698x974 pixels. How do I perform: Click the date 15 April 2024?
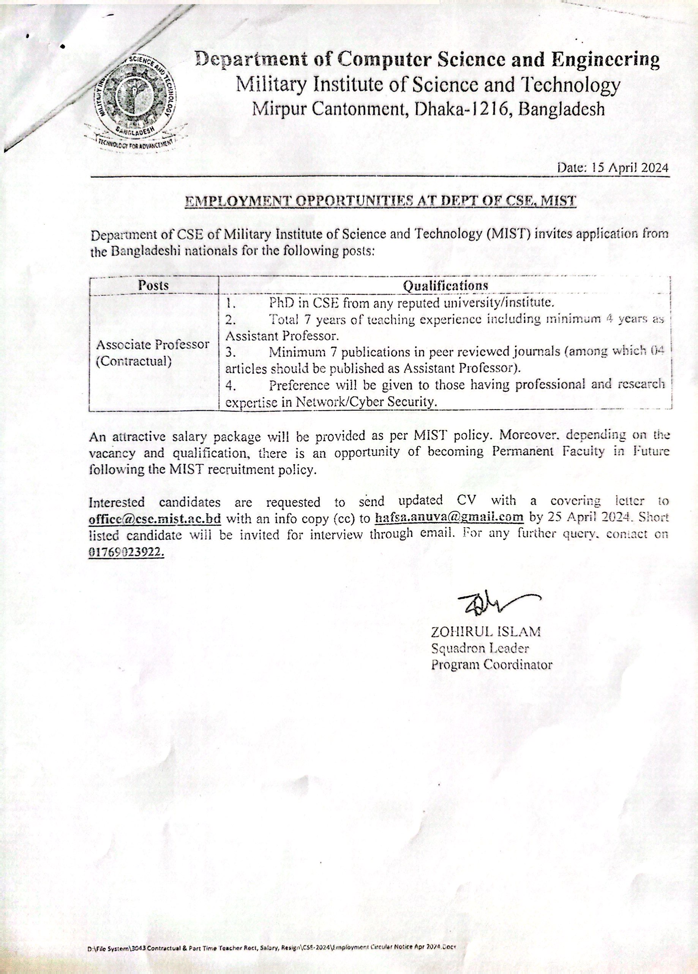(613, 168)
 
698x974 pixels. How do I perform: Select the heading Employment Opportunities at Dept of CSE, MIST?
(380, 201)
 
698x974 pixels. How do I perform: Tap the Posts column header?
(153, 285)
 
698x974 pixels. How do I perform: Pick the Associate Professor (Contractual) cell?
(153, 352)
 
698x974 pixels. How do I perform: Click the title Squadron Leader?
(480, 648)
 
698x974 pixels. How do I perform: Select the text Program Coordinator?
(491, 665)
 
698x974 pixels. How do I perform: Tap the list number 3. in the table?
(231, 353)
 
